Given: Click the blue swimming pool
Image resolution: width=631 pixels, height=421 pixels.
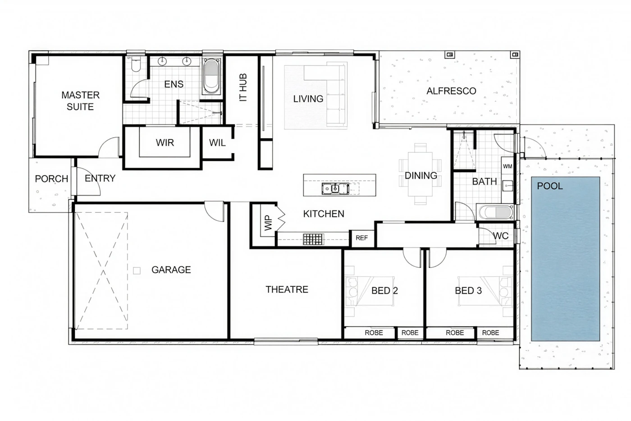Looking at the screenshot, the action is click(565, 259).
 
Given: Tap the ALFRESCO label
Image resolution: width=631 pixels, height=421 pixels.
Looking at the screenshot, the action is click(451, 91).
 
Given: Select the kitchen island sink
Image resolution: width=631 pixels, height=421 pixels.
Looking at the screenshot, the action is click(335, 188).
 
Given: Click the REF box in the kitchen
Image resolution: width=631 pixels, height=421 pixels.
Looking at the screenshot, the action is click(361, 238).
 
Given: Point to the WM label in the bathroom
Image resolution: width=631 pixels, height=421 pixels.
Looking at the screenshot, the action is click(508, 166).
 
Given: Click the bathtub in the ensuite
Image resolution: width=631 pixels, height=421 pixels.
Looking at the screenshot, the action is click(211, 76).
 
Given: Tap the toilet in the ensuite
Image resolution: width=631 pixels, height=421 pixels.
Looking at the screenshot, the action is click(136, 64).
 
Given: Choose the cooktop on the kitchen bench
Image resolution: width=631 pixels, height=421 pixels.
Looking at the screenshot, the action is click(313, 239).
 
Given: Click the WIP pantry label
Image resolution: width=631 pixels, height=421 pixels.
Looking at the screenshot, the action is click(269, 223).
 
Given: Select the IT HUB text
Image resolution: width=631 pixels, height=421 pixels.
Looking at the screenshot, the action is click(243, 87).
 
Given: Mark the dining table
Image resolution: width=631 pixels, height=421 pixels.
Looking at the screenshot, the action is click(420, 174).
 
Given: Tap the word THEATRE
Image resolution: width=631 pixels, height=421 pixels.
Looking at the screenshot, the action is click(287, 289).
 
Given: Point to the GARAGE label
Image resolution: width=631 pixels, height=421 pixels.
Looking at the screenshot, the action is click(171, 270).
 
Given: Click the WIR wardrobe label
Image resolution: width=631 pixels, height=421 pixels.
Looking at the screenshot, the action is click(165, 142).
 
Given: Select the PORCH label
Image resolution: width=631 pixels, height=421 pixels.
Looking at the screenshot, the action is click(51, 178).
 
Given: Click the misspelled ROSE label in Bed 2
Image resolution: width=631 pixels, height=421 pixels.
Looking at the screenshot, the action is click(374, 333).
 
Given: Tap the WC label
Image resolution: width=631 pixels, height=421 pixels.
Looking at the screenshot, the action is click(501, 236).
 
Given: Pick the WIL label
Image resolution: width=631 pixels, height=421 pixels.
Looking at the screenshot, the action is click(217, 143).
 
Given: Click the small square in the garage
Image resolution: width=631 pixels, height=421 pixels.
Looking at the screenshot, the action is click(137, 270).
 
